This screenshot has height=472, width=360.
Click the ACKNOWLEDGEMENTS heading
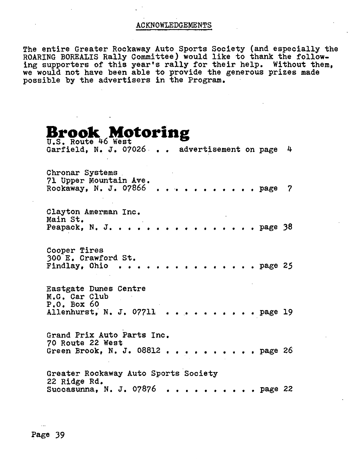[174, 25]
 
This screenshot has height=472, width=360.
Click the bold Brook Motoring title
[118, 132]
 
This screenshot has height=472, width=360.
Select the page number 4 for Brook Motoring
[290, 150]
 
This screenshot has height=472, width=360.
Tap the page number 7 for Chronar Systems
[290, 188]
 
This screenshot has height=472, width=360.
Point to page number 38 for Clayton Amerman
[288, 227]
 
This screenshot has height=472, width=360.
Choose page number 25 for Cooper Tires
[288, 266]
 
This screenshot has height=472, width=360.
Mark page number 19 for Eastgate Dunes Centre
[288, 312]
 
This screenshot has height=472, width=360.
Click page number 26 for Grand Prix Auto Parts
[288, 351]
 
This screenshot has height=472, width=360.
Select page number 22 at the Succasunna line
[288, 389]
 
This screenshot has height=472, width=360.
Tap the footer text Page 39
[48, 435]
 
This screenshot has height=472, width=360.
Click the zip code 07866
[134, 188]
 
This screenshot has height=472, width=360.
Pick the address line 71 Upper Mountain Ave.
[98, 181]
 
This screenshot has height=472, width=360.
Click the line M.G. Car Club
[77, 297]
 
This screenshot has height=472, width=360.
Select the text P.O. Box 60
[73, 304]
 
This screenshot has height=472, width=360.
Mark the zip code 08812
[148, 351]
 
